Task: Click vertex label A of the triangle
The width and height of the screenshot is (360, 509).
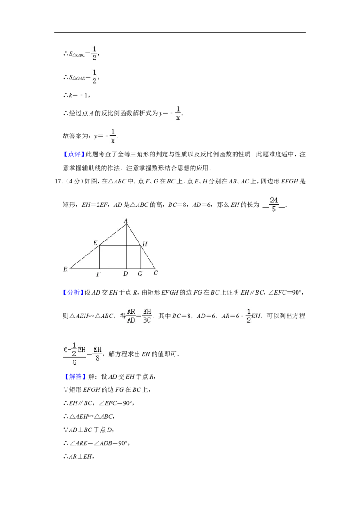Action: tap(126, 221)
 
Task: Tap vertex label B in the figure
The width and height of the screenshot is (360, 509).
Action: tap(66, 269)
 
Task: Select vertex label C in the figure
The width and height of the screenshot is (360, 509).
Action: tap(156, 272)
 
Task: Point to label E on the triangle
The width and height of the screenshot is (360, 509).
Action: tap(95, 243)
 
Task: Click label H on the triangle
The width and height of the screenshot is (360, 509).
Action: tap(144, 244)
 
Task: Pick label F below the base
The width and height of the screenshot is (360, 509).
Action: tap(99, 274)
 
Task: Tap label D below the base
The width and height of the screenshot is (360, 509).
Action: tap(126, 274)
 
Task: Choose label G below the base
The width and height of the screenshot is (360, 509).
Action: tap(140, 274)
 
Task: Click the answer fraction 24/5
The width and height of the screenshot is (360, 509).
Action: tap(274, 205)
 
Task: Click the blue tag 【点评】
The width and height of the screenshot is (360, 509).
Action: tap(74, 155)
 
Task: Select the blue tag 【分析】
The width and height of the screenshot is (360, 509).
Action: tap(73, 292)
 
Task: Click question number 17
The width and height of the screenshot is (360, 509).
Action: tap(59, 182)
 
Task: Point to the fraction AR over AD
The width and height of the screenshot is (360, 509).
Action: tap(131, 316)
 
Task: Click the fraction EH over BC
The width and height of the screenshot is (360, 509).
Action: tap(147, 316)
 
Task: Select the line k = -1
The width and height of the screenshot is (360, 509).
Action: tap(76, 95)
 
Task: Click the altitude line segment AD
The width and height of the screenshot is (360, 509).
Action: tap(127, 246)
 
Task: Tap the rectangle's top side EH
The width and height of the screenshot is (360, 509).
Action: tap(120, 246)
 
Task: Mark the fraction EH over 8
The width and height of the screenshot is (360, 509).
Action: tap(98, 354)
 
